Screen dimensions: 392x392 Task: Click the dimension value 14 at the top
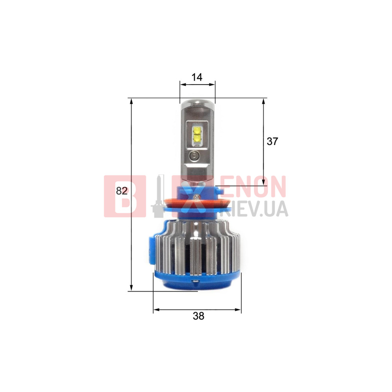[x=197, y=77]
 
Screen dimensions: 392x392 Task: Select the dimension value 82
[x=122, y=191]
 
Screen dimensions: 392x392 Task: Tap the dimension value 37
[x=272, y=141]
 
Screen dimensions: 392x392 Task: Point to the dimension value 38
[x=198, y=316]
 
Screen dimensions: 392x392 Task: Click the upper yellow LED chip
[x=197, y=130]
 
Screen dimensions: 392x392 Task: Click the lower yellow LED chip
[x=197, y=138]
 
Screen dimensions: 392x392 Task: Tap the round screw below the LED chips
[x=194, y=156]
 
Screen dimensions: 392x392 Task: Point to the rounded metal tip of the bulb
[x=198, y=105]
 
